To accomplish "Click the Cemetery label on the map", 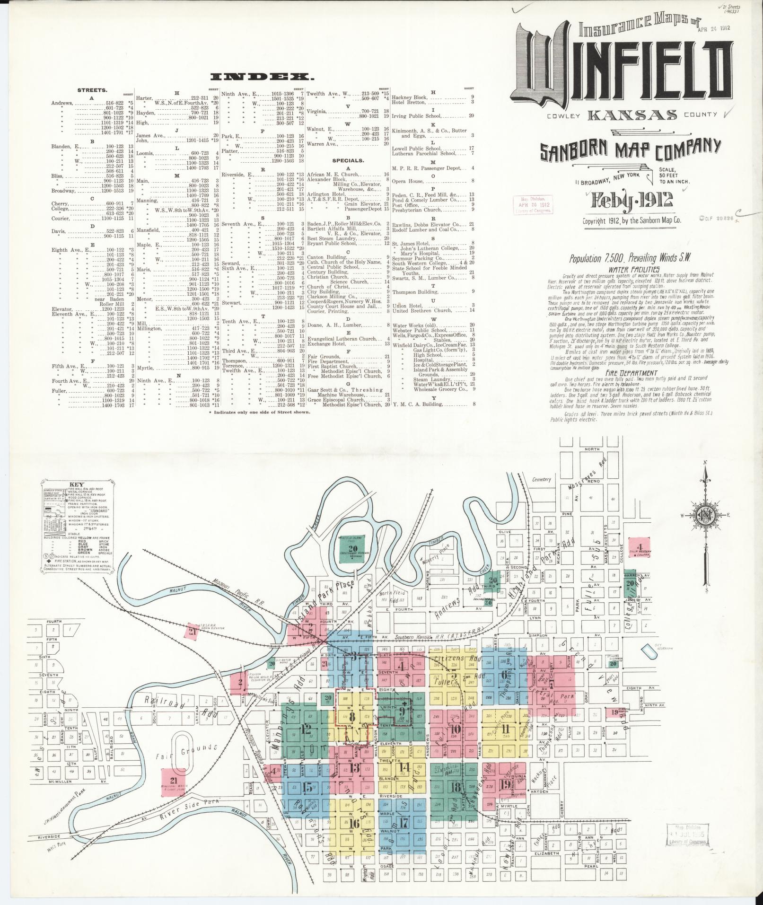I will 542,479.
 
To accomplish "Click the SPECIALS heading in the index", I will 348,160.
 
